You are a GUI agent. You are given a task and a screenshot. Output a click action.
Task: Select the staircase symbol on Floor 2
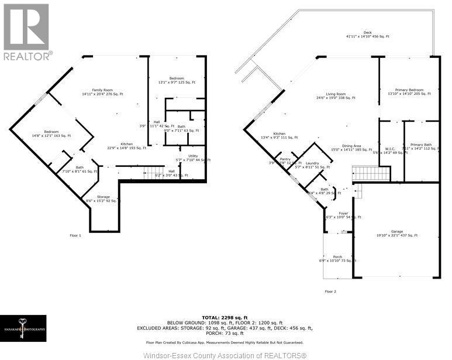pos(370,173)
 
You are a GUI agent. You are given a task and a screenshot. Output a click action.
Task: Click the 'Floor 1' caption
pos(75,235)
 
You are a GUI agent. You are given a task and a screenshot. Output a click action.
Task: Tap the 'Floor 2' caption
pos(330,291)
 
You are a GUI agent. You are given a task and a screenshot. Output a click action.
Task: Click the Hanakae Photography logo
pos(23,328)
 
